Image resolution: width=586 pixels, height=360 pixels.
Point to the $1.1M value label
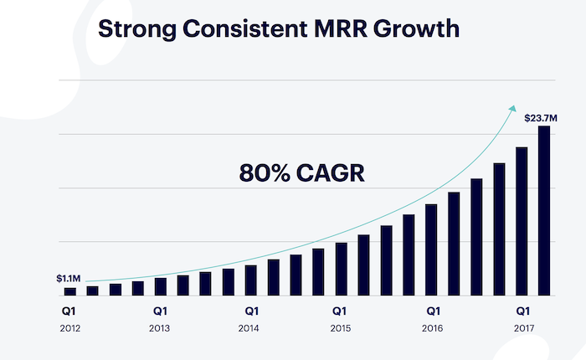(x=69, y=277)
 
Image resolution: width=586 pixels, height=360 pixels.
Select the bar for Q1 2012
(x=70, y=291)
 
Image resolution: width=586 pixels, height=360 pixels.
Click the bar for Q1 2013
(x=161, y=286)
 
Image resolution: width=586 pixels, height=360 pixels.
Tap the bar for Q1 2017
(x=522, y=221)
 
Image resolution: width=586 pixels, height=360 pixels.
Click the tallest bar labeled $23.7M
(x=544, y=210)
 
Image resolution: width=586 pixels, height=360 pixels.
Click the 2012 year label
(x=70, y=327)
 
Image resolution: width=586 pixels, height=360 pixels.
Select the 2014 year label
(x=249, y=327)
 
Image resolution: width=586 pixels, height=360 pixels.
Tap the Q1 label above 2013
(x=161, y=309)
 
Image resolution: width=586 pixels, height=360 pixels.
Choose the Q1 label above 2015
(x=341, y=309)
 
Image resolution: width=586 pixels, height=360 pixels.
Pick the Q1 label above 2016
(x=432, y=309)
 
